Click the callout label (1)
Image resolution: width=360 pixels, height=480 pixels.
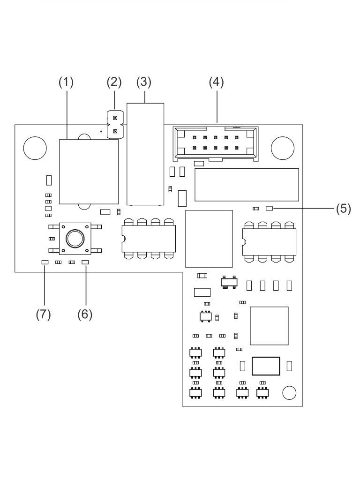(x=66, y=82)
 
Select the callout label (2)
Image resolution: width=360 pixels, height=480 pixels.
(x=113, y=82)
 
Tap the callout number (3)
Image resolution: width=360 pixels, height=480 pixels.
(x=144, y=82)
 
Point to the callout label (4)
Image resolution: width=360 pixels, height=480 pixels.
(x=217, y=82)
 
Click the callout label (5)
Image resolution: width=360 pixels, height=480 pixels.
(x=343, y=208)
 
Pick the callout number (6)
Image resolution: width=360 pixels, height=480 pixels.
(x=85, y=314)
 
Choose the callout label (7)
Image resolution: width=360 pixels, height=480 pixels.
(x=44, y=314)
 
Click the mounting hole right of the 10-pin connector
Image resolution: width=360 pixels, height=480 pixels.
(x=282, y=147)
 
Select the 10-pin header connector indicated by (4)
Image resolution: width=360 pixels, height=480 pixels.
(x=216, y=143)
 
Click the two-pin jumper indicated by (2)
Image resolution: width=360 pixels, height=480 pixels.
(x=115, y=125)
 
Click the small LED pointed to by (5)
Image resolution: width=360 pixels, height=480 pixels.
(x=269, y=208)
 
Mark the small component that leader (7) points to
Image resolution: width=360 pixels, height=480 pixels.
(x=45, y=262)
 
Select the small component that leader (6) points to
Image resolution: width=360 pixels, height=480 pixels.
(x=85, y=262)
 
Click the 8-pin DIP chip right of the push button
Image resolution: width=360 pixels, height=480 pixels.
(x=149, y=239)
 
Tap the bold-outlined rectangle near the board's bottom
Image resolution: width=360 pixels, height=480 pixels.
(x=266, y=366)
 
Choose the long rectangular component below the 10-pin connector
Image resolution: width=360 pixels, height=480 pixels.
(x=247, y=185)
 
